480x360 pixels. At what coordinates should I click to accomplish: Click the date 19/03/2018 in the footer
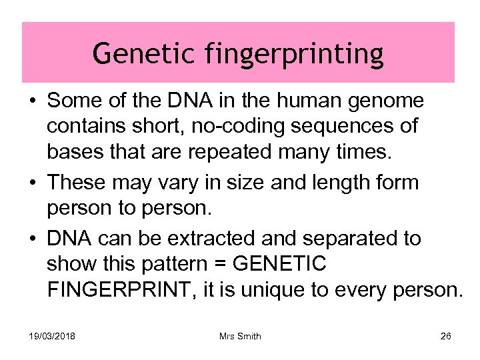click(51, 336)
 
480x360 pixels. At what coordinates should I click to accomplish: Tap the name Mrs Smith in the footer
click(240, 336)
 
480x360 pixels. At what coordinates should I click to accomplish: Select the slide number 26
click(445, 336)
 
